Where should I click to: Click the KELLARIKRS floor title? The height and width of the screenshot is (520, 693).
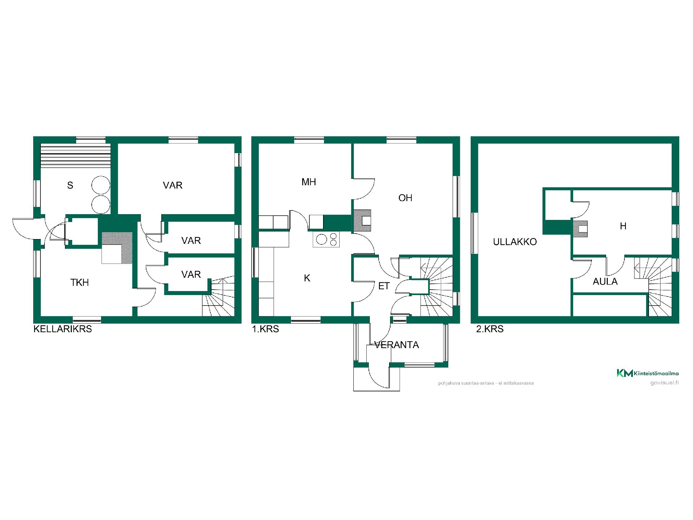62,329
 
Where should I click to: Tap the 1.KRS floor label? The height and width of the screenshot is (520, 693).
265,329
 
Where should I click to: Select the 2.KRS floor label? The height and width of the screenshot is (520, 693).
490,329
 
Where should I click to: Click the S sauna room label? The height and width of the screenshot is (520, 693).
70,185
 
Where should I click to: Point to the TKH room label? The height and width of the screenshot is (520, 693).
79,282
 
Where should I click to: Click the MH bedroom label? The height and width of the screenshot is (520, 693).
309,182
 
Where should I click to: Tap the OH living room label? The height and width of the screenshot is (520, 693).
405,198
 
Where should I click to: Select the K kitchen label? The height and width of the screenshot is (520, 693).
307,278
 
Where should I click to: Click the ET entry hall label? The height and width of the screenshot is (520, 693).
384,286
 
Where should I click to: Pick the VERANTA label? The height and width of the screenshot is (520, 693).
397,345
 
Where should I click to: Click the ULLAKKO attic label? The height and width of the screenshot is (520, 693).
515,242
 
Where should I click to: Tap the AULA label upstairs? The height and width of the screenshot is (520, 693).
605,281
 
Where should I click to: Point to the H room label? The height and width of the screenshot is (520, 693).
623,226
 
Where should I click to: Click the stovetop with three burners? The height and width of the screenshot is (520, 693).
326,240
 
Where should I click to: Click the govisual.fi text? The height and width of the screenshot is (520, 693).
664,383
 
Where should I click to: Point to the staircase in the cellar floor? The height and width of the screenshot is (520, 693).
218,297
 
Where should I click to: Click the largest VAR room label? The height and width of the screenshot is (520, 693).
173,185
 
